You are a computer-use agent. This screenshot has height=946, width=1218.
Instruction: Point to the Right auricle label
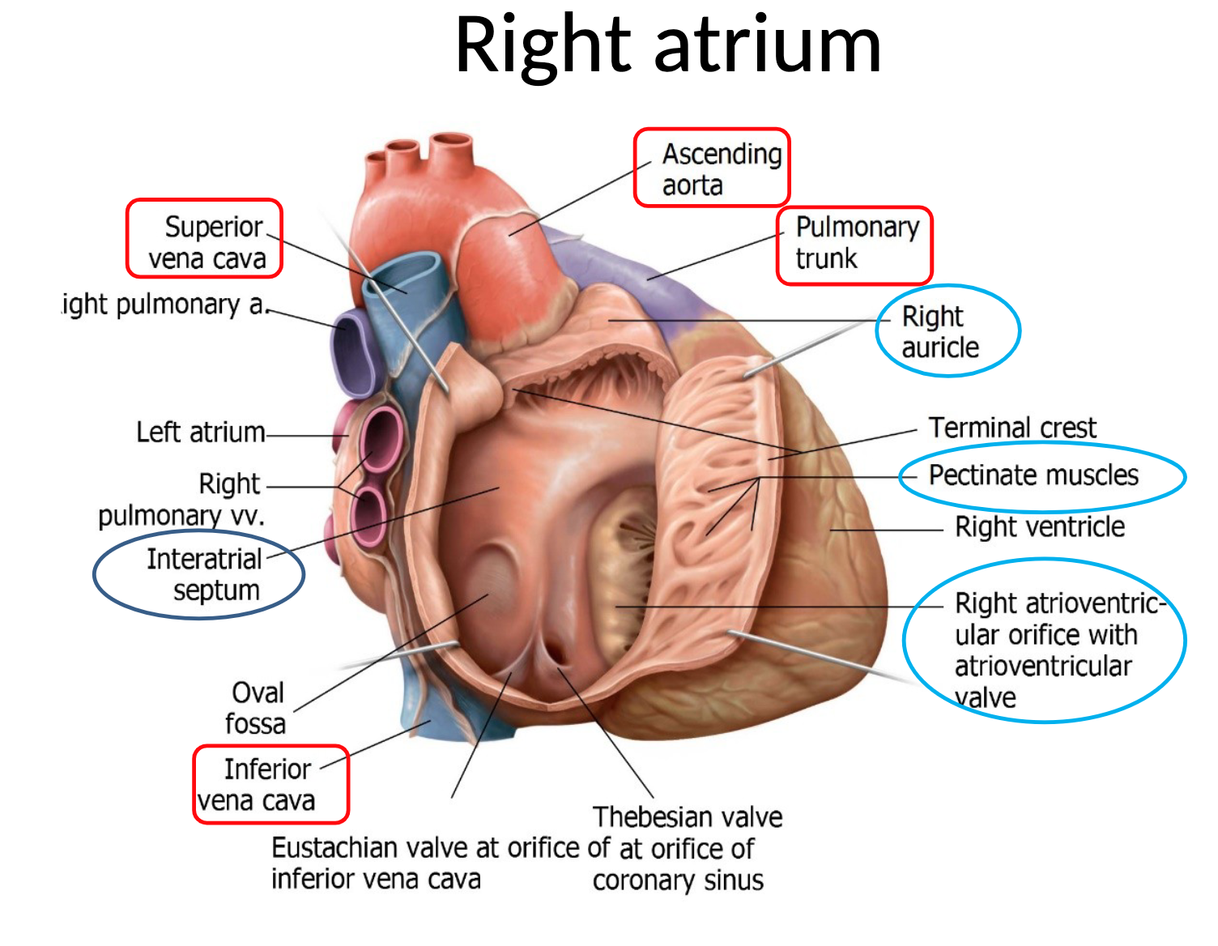pyautogui.click(x=939, y=331)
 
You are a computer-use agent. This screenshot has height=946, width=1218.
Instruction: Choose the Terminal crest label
pyautogui.click(x=1011, y=427)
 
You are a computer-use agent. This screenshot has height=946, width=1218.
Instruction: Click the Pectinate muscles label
pyautogui.click(x=1033, y=475)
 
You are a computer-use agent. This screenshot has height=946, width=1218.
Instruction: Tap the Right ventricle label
pyautogui.click(x=1039, y=527)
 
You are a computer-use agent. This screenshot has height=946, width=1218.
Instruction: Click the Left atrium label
pyautogui.click(x=200, y=432)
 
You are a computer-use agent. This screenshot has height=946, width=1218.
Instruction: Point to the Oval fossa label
pyautogui.click(x=256, y=708)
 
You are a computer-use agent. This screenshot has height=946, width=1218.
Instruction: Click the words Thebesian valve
pyautogui.click(x=687, y=816)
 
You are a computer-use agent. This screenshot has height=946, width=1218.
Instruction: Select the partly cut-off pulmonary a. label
pyautogui.click(x=164, y=305)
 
